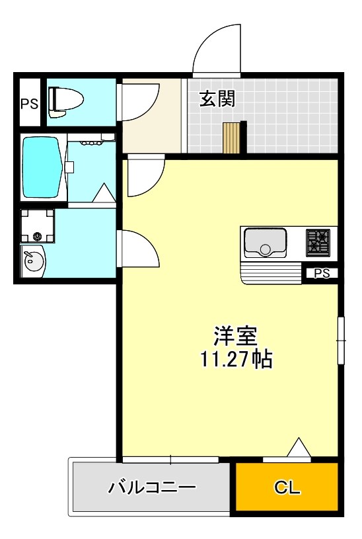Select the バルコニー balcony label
pyautogui.click(x=152, y=489)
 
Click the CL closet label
pyautogui.click(x=287, y=489)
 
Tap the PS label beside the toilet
pyautogui.click(x=28, y=103)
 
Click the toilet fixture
pyautogui.click(x=66, y=101)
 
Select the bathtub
pyautogui.click(x=42, y=167)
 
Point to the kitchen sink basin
pyautogui.click(x=265, y=242)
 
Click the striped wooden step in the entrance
pyautogui.click(x=232, y=138)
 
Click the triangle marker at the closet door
pyautogui.click(x=299, y=448)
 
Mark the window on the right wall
pyautogui.click(x=341, y=340)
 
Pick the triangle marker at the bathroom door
pyautogui.click(x=103, y=193)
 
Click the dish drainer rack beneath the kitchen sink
pyautogui.click(x=271, y=272)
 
